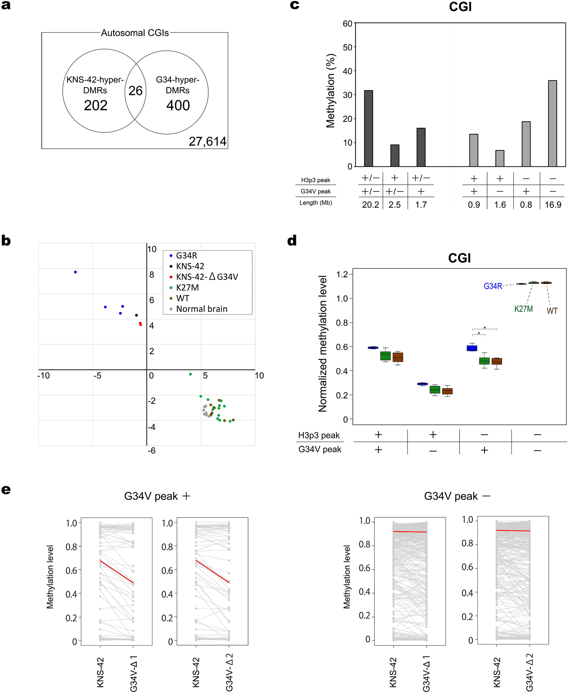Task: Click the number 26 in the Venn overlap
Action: [135, 91]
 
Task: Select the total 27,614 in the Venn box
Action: [207, 141]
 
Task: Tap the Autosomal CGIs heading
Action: [135, 33]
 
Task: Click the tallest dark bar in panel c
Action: [368, 128]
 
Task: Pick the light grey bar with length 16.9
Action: [552, 123]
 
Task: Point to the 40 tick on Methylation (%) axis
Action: [348, 71]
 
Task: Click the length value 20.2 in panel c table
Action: [370, 205]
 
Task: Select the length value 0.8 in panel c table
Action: [526, 205]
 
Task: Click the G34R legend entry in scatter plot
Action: [186, 256]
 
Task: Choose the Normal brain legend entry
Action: [201, 309]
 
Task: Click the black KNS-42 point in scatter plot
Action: [136, 315]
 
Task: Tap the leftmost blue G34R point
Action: [76, 272]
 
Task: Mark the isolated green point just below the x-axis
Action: [190, 374]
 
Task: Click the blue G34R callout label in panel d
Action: [493, 286]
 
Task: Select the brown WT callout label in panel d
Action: [552, 311]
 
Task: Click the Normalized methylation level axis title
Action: [323, 343]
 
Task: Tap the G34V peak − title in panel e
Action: [457, 496]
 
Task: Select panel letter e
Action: [6, 490]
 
